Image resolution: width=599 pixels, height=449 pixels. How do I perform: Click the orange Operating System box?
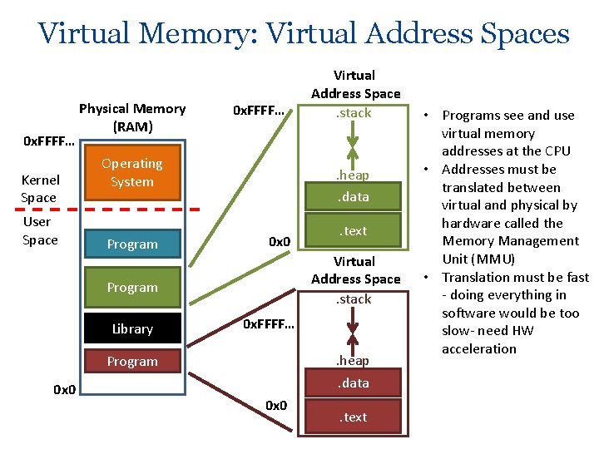pyautogui.click(x=132, y=173)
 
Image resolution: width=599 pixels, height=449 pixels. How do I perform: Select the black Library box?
pyautogui.click(x=132, y=328)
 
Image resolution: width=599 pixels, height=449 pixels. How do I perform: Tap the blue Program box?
pyautogui.click(x=132, y=244)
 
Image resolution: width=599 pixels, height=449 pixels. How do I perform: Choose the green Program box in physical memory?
pyautogui.click(x=132, y=287)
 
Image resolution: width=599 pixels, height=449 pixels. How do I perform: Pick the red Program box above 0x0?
pyautogui.click(x=132, y=361)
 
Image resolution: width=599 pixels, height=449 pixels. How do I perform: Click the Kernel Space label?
pyautogui.click(x=40, y=189)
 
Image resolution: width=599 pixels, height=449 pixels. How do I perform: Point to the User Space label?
pyautogui.click(x=40, y=230)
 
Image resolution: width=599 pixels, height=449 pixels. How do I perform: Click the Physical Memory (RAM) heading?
pyautogui.click(x=132, y=117)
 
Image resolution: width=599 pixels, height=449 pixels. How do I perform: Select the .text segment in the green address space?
pyautogui.click(x=354, y=230)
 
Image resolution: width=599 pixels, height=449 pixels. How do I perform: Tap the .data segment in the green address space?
pyautogui.click(x=354, y=197)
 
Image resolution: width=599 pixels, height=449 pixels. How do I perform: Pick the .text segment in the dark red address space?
pyautogui.click(x=354, y=417)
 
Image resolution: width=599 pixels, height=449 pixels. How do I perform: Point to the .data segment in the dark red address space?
pyautogui.click(x=354, y=382)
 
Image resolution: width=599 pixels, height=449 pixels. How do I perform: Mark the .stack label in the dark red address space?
pyautogui.click(x=354, y=299)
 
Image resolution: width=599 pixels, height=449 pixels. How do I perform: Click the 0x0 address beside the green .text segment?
pyautogui.click(x=280, y=242)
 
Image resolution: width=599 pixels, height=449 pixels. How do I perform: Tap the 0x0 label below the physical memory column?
pyautogui.click(x=65, y=389)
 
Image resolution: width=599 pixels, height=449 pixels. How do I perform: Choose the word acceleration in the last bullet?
pyautogui.click(x=479, y=348)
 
